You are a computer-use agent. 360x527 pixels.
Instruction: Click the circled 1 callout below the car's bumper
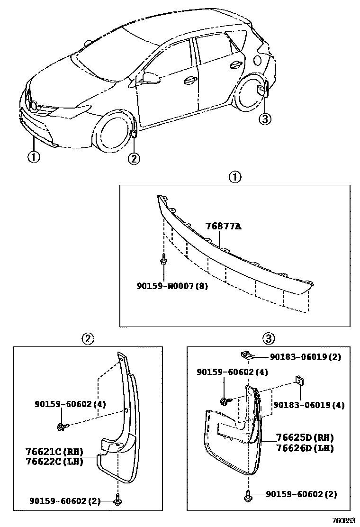[34, 157]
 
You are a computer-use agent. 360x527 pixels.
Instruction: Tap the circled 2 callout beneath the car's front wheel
[134, 159]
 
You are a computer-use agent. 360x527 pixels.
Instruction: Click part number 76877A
[223, 227]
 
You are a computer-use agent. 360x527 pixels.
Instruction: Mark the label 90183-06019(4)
[308, 405]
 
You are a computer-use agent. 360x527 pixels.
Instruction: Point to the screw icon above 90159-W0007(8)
[163, 259]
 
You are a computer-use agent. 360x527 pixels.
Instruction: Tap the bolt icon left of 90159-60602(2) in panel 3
[247, 495]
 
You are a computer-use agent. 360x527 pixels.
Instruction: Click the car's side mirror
[151, 76]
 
